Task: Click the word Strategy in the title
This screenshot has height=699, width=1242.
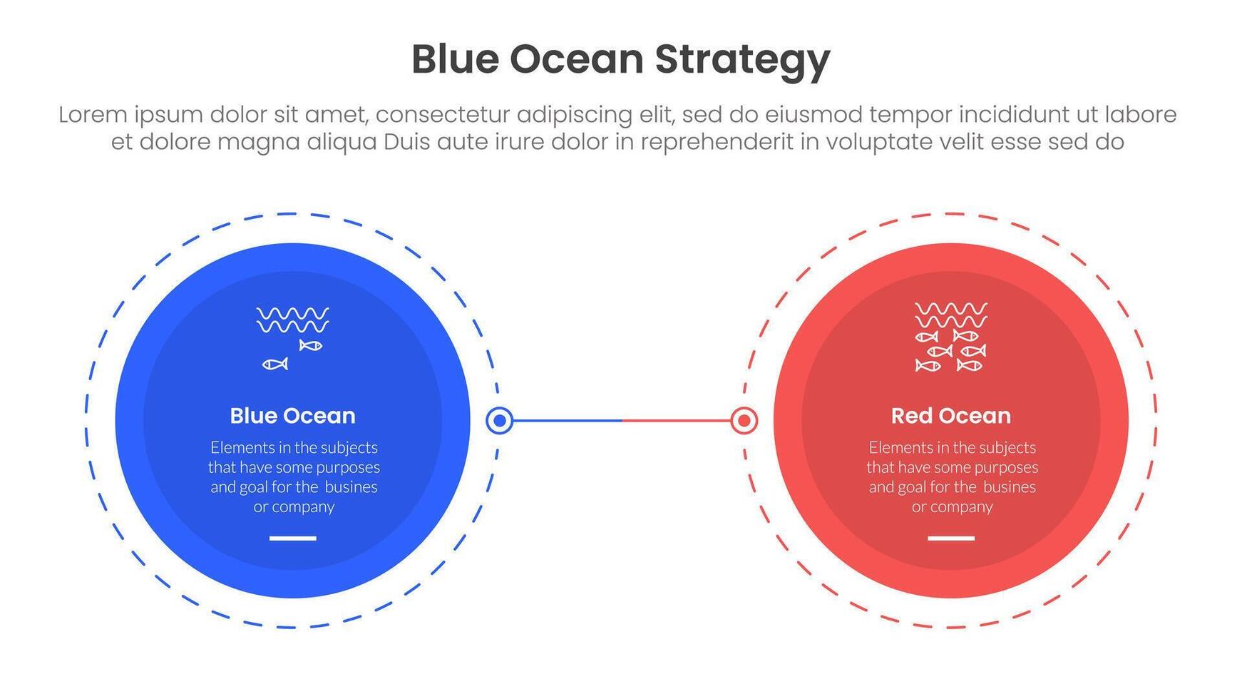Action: pyautogui.click(x=742, y=61)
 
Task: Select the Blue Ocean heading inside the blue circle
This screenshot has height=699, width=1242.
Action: pyautogui.click(x=292, y=416)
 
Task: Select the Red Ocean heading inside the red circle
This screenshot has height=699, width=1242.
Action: pyautogui.click(x=951, y=416)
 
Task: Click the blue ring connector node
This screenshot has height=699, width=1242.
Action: pyautogui.click(x=500, y=421)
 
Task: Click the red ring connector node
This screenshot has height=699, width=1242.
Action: pyautogui.click(x=744, y=421)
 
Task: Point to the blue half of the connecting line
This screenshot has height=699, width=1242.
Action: pyautogui.click(x=568, y=421)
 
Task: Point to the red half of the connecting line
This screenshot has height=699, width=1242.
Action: pyautogui.click(x=676, y=421)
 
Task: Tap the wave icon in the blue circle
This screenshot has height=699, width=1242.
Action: pyautogui.click(x=292, y=320)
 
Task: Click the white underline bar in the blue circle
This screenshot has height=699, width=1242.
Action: pyautogui.click(x=292, y=539)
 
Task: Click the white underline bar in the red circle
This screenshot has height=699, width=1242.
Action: pyautogui.click(x=951, y=539)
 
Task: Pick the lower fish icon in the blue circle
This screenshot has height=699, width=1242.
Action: pyautogui.click(x=275, y=364)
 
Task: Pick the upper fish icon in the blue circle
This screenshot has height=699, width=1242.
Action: pyautogui.click(x=311, y=346)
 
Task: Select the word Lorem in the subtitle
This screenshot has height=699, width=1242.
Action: pyautogui.click(x=91, y=115)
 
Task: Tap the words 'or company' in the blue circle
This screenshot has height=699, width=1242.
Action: pyautogui.click(x=294, y=507)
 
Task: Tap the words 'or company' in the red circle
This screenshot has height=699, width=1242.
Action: pyautogui.click(x=953, y=507)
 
